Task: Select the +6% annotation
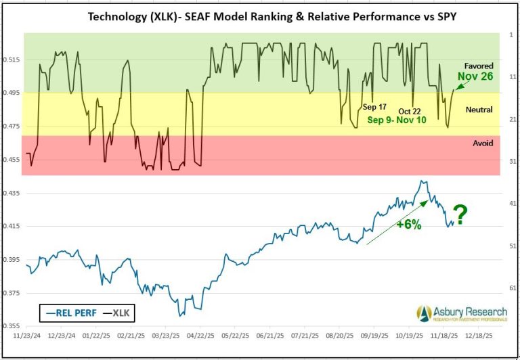pyautogui.click(x=408, y=225)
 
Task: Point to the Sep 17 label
pyautogui.click(x=374, y=107)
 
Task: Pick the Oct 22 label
pyautogui.click(x=410, y=111)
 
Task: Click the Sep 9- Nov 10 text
pyautogui.click(x=397, y=120)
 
